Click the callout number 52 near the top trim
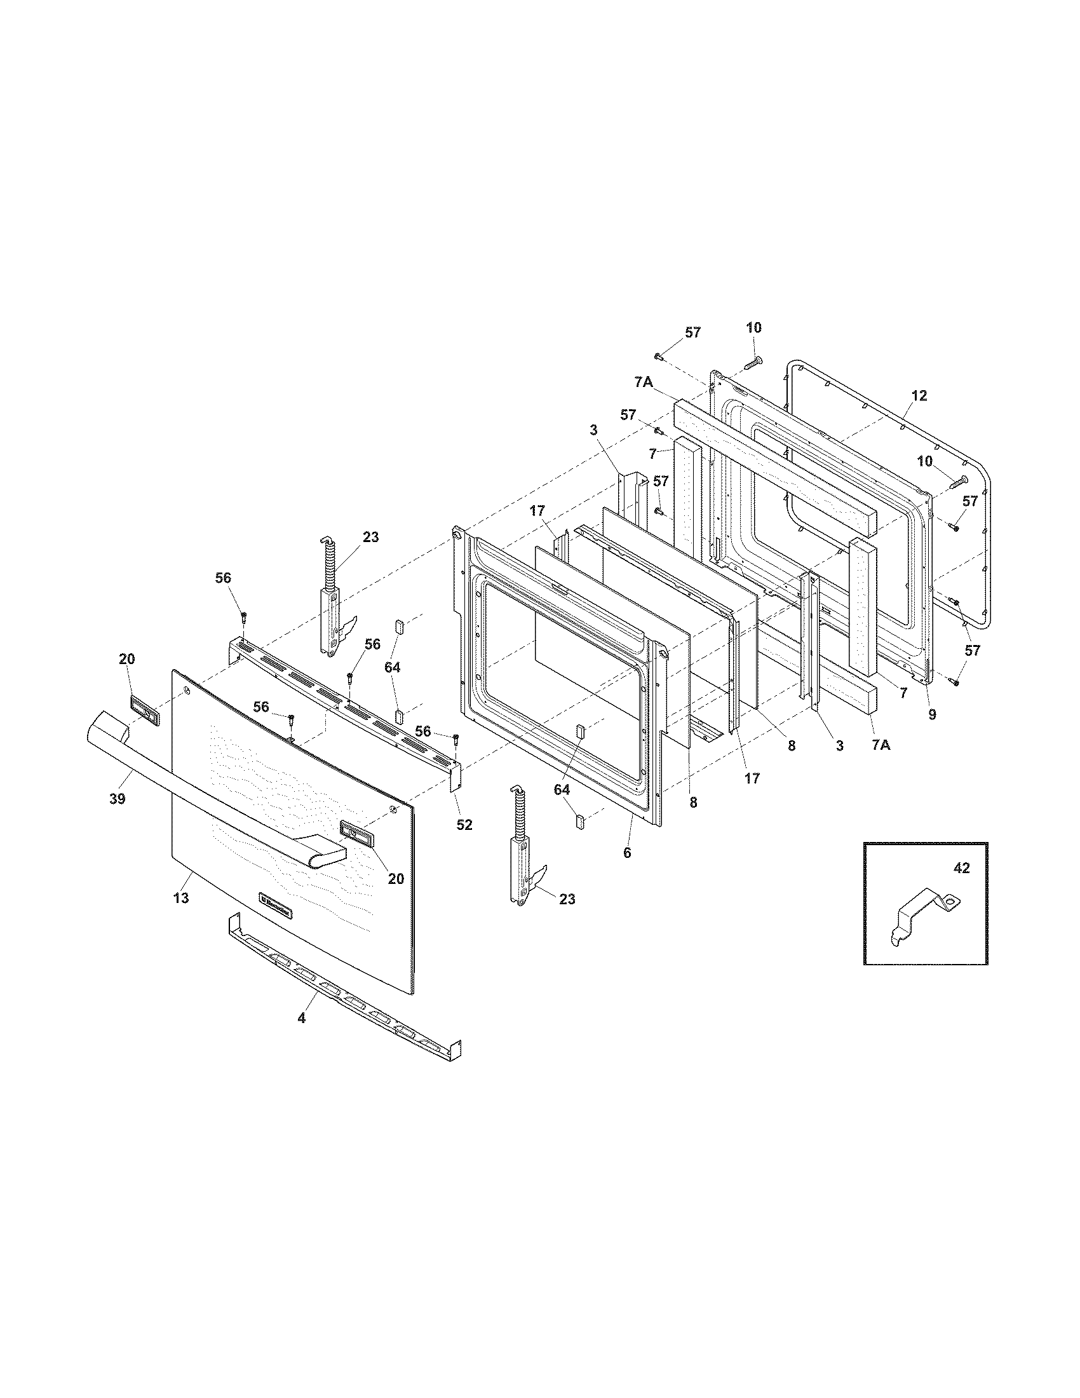[464, 825]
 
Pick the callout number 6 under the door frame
[627, 853]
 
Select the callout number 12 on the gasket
[919, 396]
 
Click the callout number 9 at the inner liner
[932, 715]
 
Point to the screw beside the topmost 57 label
[657, 355]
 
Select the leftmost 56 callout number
[222, 578]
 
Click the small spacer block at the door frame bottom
[581, 821]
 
